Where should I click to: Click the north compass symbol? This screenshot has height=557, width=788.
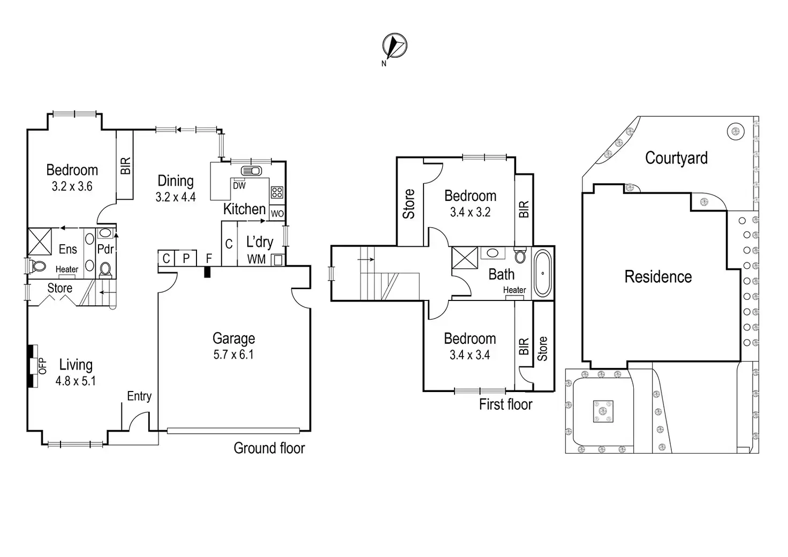pyautogui.click(x=395, y=46)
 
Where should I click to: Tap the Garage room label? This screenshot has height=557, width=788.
pyautogui.click(x=233, y=338)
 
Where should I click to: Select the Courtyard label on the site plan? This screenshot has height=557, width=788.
pyautogui.click(x=676, y=158)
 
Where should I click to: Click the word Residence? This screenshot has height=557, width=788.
pyautogui.click(x=658, y=277)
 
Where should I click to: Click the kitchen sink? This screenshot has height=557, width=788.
pyautogui.click(x=251, y=171)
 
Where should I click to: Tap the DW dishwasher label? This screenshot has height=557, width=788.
pyautogui.click(x=239, y=186)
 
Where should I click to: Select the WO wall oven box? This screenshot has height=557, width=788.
pyautogui.click(x=277, y=214)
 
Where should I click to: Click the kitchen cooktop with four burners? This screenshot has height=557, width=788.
pyautogui.click(x=277, y=192)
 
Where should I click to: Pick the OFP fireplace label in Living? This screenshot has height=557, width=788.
pyautogui.click(x=43, y=366)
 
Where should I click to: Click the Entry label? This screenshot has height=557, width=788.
pyautogui.click(x=139, y=396)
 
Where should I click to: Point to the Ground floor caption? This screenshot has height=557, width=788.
pyautogui.click(x=269, y=448)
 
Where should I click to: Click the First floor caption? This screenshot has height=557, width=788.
pyautogui.click(x=505, y=404)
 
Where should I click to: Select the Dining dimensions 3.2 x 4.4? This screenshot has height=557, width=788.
pyautogui.click(x=176, y=197)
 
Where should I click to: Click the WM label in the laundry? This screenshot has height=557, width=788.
pyautogui.click(x=256, y=259)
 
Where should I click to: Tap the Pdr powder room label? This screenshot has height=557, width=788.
pyautogui.click(x=105, y=249)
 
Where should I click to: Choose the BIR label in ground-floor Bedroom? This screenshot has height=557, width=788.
pyautogui.click(x=125, y=165)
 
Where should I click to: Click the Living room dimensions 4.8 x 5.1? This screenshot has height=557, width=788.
pyautogui.click(x=75, y=381)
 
